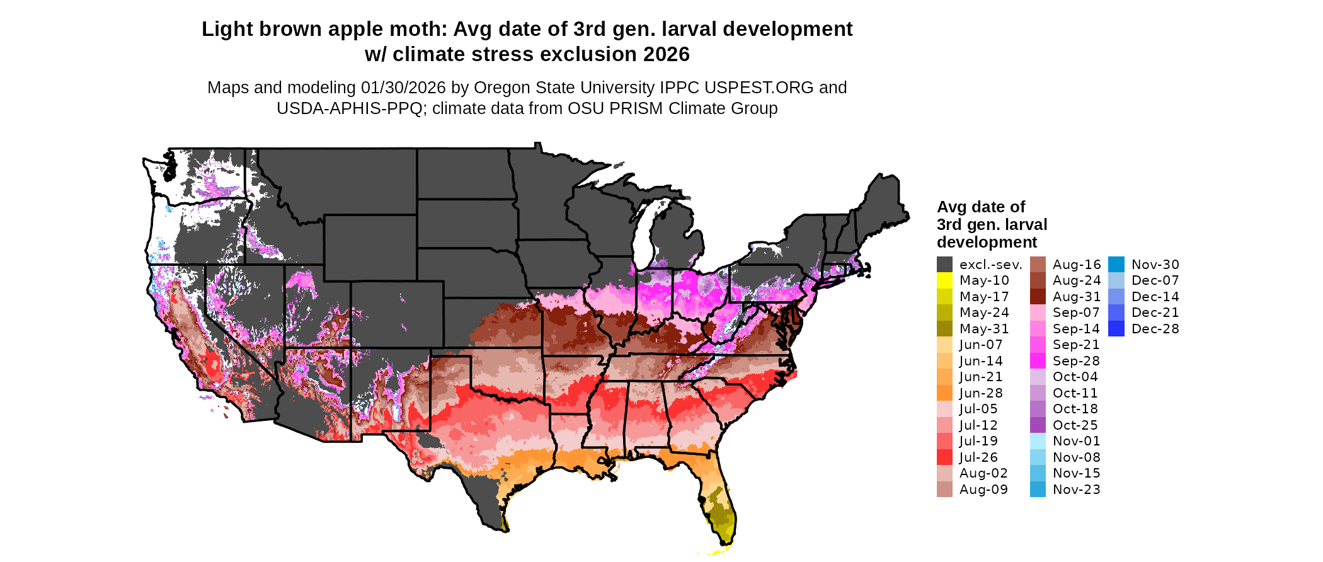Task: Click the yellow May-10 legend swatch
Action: [x=944, y=280]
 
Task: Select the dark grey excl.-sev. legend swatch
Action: [x=944, y=265]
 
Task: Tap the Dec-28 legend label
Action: [x=1155, y=329]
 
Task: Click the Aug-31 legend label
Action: [x=1077, y=297]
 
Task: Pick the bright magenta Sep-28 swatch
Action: [x=1038, y=361]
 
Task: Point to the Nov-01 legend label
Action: [x=1076, y=441]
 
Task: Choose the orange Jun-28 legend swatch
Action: [x=944, y=393]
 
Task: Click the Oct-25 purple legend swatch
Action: [x=1038, y=425]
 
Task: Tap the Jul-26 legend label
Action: [x=978, y=457]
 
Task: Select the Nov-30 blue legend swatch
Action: [x=1116, y=265]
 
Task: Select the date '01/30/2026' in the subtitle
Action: [x=403, y=88]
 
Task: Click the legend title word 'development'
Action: [x=987, y=243]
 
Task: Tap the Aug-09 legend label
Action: [x=983, y=490]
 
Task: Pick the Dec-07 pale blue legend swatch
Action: [x=1116, y=280]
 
